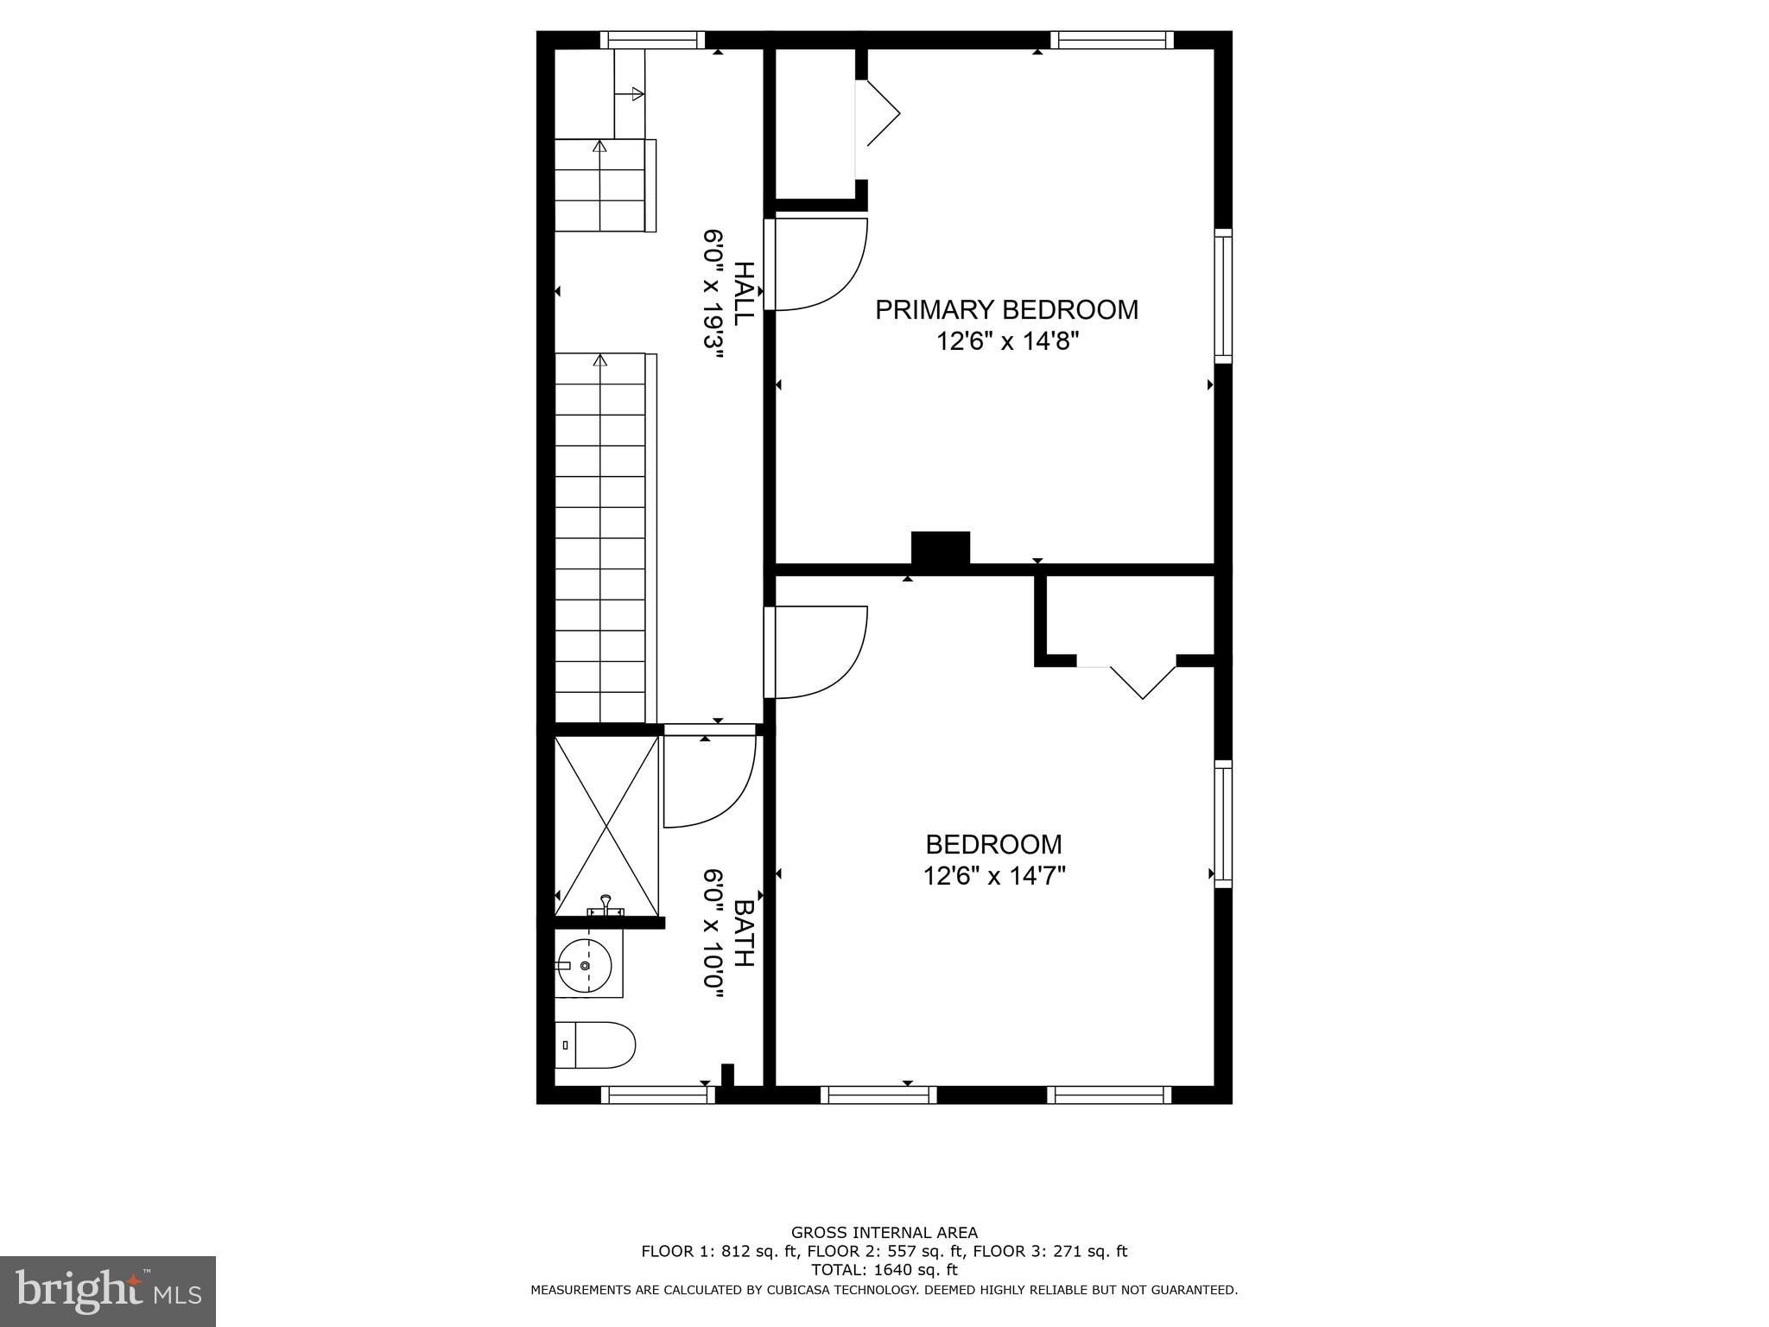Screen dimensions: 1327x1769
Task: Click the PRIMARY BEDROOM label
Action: pos(1006,309)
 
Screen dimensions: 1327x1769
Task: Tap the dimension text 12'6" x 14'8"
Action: pos(1008,342)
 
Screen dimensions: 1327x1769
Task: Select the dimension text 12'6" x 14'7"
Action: pos(994,876)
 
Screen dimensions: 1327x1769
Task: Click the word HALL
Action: pos(744,294)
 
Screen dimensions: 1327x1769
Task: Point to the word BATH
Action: pos(744,933)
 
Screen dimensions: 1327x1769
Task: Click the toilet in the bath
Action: pos(595,1044)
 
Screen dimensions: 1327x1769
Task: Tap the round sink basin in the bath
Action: pos(586,965)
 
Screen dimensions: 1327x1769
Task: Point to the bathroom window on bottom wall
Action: pos(658,1095)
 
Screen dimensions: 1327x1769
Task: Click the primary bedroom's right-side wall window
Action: pos(1223,296)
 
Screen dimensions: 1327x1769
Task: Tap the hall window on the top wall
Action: pos(652,40)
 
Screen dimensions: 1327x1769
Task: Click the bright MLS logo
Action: pos(107,1291)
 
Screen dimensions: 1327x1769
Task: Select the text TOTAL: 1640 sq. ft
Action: pos(884,1270)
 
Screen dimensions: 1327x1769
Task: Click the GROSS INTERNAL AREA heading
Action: pos(884,1233)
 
